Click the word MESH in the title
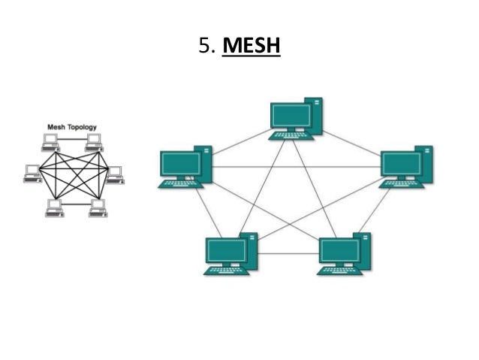[252, 47]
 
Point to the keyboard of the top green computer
[291, 136]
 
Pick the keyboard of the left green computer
[179, 183]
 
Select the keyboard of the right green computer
[401, 183]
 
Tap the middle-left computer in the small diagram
[32, 174]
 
